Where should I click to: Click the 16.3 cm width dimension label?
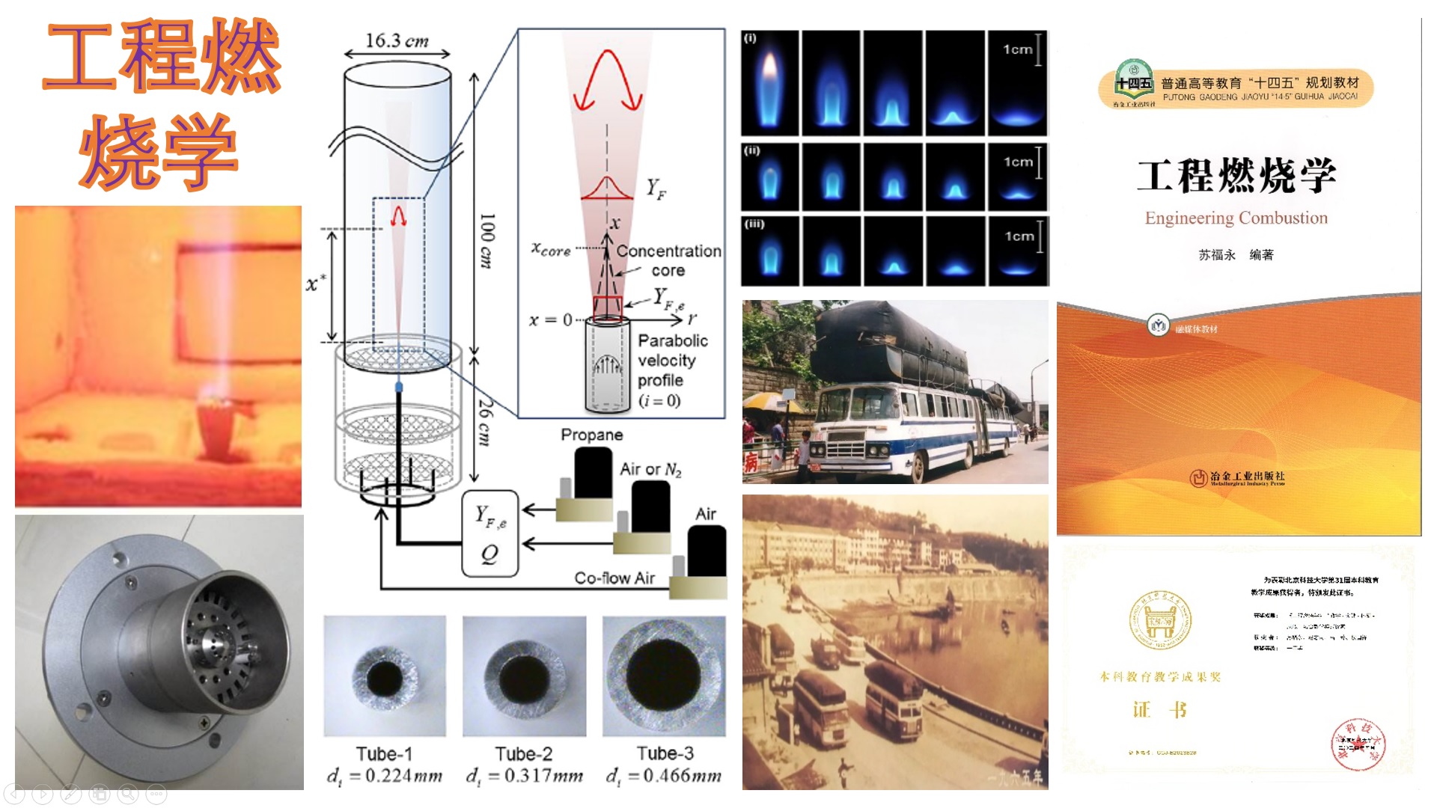point(397,40)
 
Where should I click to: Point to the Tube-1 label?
point(384,753)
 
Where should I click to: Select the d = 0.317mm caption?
point(524,776)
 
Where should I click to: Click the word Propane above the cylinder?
point(591,435)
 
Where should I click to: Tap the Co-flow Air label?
point(614,578)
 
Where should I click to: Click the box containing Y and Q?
point(490,533)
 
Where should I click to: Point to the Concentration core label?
point(668,260)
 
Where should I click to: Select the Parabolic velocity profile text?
point(671,361)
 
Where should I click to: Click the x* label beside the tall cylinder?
point(316,284)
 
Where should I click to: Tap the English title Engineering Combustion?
point(1236,218)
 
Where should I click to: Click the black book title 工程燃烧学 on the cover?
point(1236,175)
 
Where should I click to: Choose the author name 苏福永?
point(1216,255)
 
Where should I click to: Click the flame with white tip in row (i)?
point(769,82)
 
